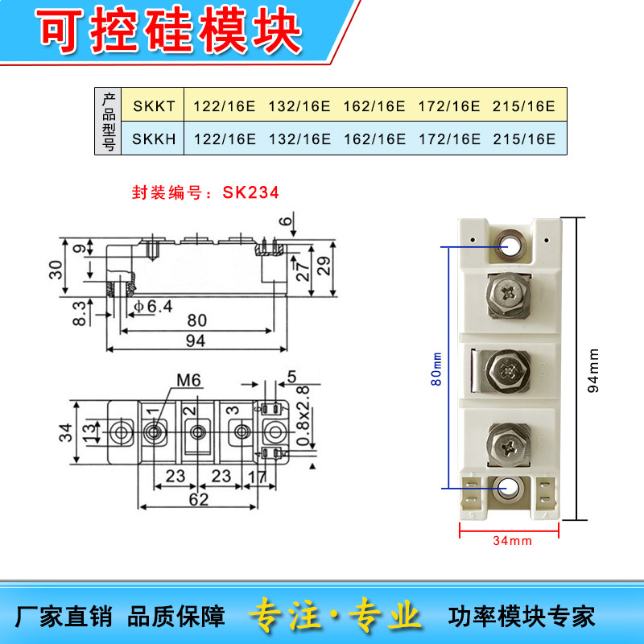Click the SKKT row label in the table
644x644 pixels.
pos(153,106)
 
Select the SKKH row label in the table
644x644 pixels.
pos(153,138)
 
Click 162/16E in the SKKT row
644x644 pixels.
pos(374,106)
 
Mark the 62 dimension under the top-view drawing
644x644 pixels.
pos(198,499)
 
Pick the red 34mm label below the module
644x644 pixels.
pos(512,541)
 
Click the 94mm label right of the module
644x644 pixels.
pos(595,371)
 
